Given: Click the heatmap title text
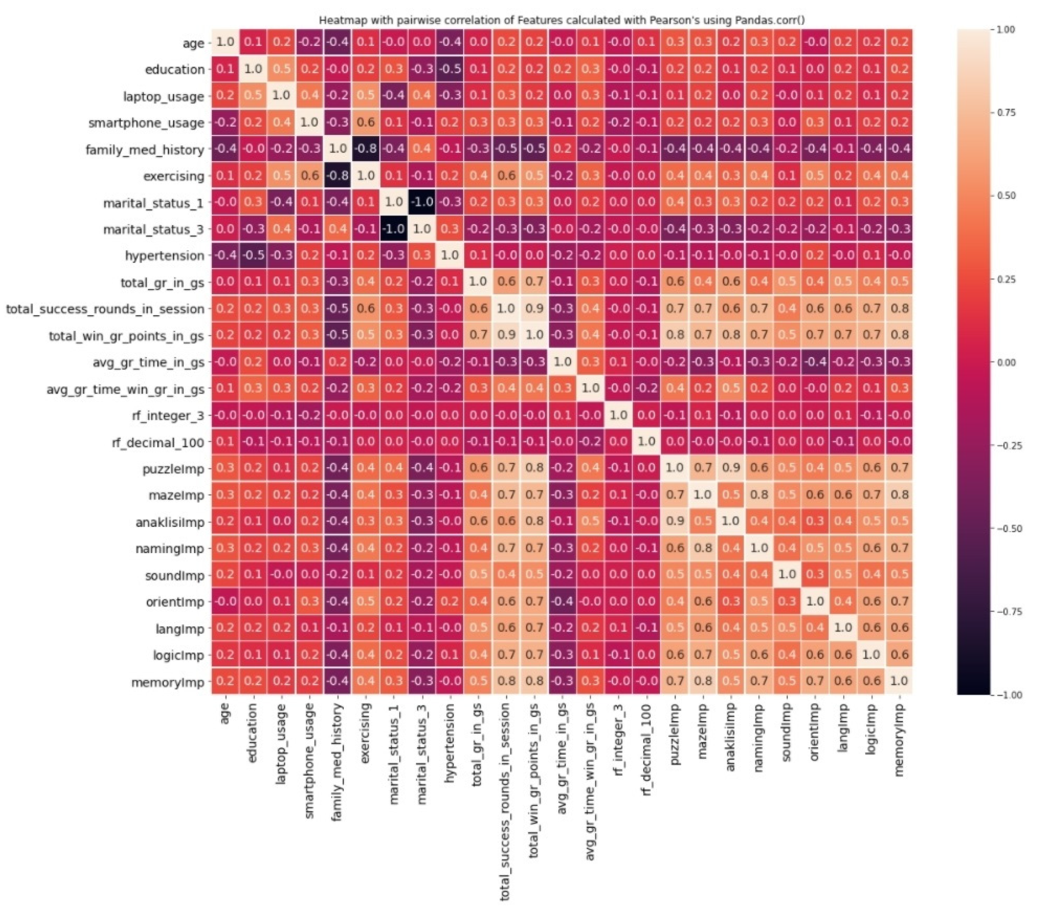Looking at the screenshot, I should (562, 21).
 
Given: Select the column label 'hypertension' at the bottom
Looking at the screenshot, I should (449, 743).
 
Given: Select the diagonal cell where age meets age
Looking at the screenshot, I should (225, 42).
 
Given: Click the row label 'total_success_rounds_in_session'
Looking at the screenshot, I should (105, 309).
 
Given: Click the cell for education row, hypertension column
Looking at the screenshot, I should (450, 69).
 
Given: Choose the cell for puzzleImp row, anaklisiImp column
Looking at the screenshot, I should (731, 468).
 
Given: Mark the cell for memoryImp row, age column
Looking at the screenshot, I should (225, 681).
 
